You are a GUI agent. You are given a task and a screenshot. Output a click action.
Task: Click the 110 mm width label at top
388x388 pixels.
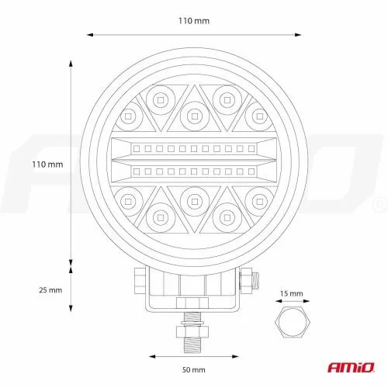click(x=194, y=21)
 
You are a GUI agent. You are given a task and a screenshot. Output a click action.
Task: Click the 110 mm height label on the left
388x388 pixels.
click(x=47, y=165)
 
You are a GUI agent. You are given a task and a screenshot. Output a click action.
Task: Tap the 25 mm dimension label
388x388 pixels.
click(x=50, y=290)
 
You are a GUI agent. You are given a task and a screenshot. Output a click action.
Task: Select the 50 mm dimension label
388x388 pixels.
click(x=194, y=370)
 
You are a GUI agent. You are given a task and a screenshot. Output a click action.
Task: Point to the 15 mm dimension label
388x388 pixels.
click(x=292, y=294)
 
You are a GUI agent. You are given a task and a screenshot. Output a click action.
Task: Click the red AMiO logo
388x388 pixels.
click(x=351, y=367)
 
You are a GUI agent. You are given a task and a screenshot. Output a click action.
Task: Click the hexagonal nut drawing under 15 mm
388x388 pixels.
click(x=293, y=322)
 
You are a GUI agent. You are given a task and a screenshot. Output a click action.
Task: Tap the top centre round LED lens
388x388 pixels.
click(x=195, y=116)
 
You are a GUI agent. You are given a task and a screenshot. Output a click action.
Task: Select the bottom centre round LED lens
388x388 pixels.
click(x=195, y=202)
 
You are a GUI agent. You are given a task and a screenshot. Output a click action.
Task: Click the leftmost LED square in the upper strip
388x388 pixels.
click(x=137, y=148)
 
